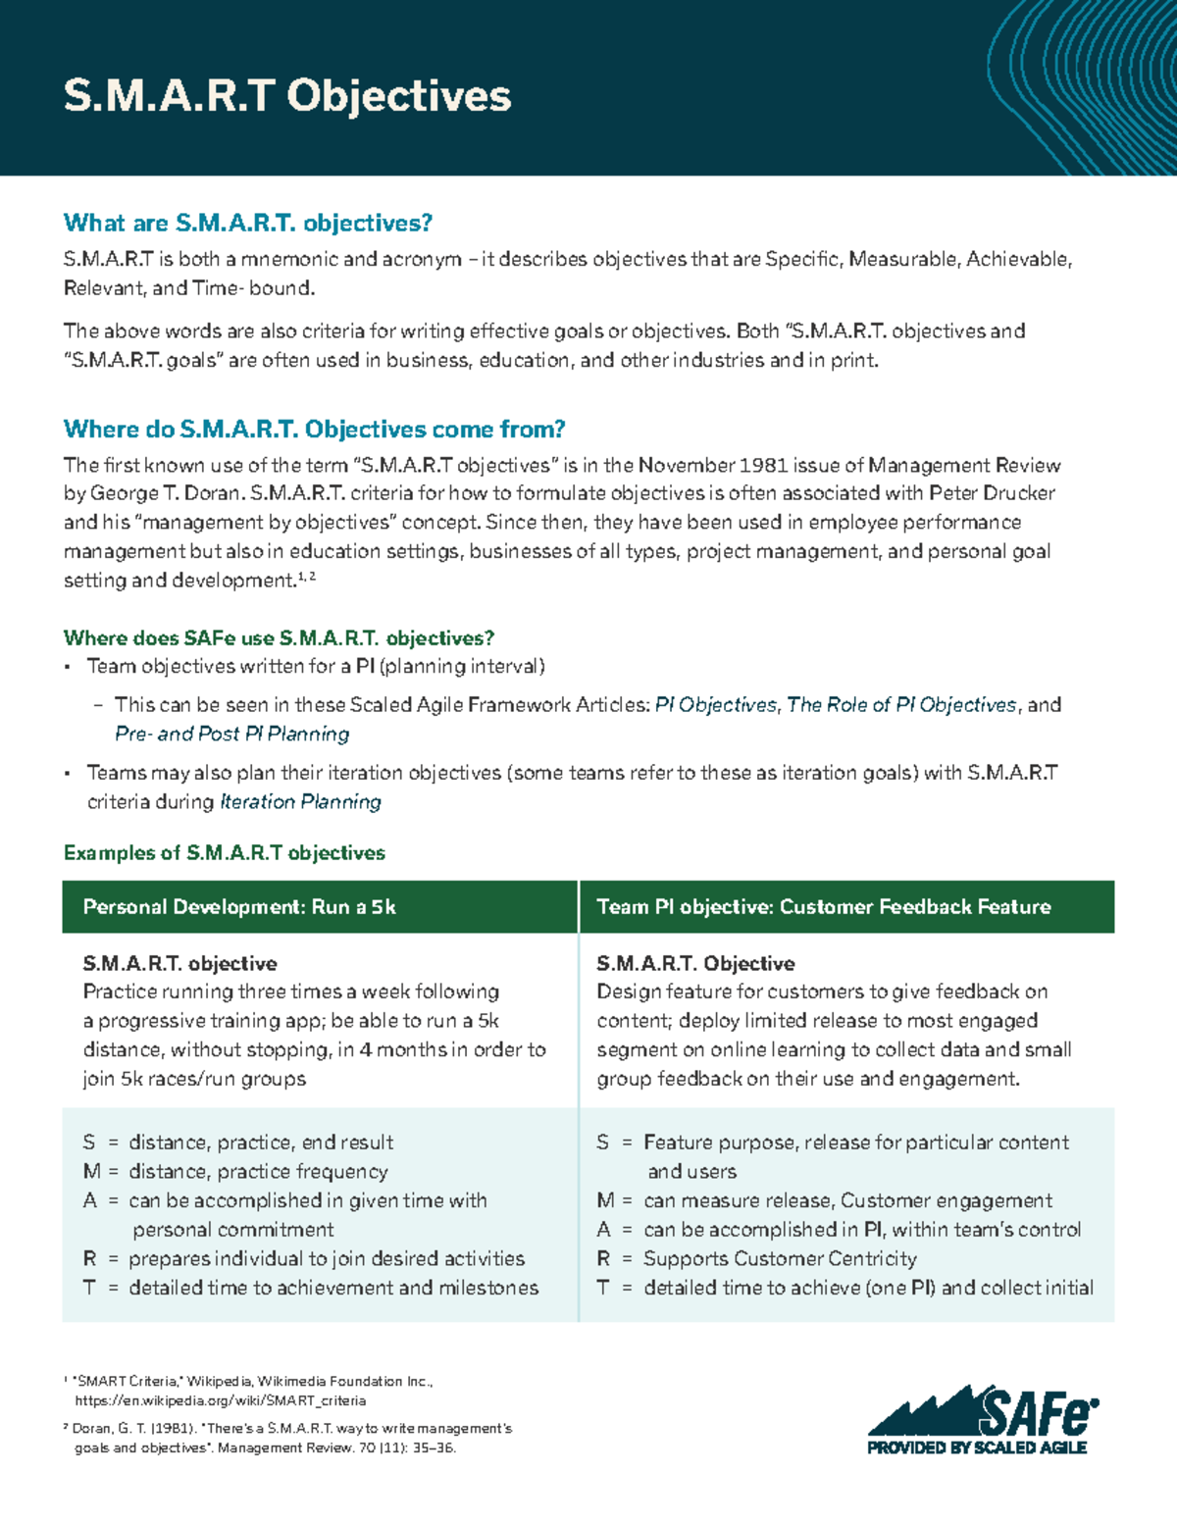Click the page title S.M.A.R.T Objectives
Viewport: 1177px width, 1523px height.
pos(286,96)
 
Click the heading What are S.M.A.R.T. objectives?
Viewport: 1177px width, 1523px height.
pos(247,223)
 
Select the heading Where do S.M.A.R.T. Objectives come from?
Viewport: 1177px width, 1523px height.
pos(314,429)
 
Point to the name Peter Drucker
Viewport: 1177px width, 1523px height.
pos(992,493)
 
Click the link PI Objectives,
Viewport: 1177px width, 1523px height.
pos(717,705)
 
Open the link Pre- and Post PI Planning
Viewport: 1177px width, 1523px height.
pos(231,734)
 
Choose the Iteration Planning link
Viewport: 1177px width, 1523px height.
pos(300,802)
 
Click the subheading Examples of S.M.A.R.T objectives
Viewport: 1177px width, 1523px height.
pos(224,853)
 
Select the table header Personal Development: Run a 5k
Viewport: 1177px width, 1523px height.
pos(239,907)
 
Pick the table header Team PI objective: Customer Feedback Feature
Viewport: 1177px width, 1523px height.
pos(823,907)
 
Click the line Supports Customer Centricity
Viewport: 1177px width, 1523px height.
pos(780,1258)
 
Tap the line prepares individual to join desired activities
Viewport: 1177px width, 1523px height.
pos(327,1258)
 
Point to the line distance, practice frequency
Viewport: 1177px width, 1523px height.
pos(258,1172)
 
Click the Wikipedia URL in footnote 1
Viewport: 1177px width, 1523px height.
pos(220,1400)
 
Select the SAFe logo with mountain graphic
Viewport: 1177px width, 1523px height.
pos(981,1411)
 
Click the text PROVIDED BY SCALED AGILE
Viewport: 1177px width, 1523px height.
pos(976,1447)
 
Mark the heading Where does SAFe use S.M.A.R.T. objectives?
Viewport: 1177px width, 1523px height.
pos(279,638)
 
